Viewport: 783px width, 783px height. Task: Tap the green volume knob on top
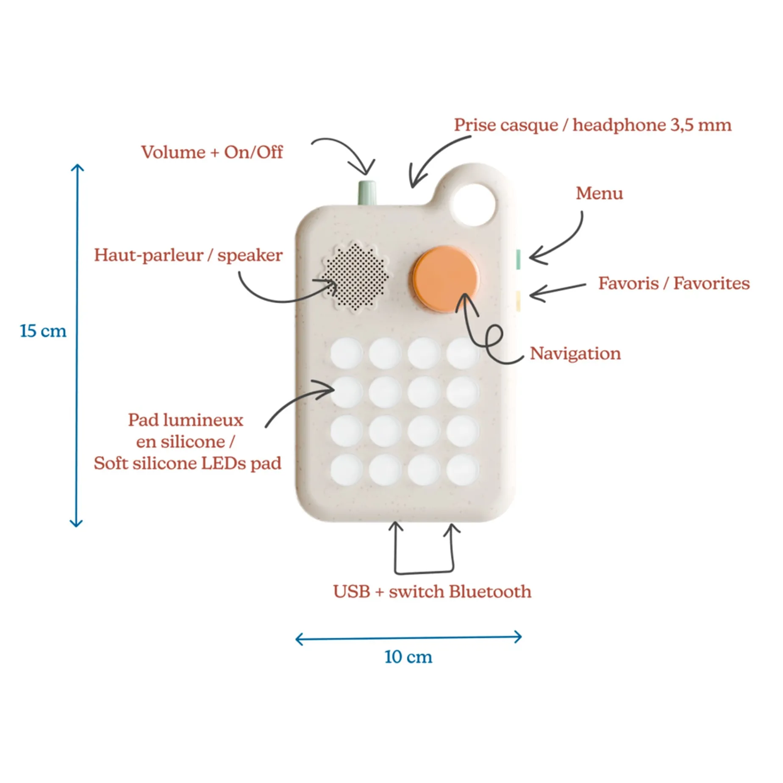point(367,193)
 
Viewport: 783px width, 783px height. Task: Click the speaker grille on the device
point(355,276)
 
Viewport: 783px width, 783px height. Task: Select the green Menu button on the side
point(518,259)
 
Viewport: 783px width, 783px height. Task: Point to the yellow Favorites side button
point(518,300)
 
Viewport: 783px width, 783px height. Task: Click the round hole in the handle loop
point(474,205)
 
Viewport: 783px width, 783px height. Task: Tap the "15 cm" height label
point(43,331)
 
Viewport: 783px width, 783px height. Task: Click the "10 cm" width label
point(408,657)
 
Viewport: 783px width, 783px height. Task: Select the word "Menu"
point(599,193)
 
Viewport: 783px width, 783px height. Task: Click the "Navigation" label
point(575,353)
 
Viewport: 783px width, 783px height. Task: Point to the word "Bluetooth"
point(490,591)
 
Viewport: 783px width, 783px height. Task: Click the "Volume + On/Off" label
point(212,152)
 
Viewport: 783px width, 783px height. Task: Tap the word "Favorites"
point(711,283)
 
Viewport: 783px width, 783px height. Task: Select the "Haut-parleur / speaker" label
point(188,255)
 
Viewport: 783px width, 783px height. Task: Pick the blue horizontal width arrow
point(408,638)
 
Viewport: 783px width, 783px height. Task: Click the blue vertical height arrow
point(77,345)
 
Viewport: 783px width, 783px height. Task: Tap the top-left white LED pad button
point(346,353)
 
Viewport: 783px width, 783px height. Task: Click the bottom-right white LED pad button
point(462,470)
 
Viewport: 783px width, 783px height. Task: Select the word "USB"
point(351,591)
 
